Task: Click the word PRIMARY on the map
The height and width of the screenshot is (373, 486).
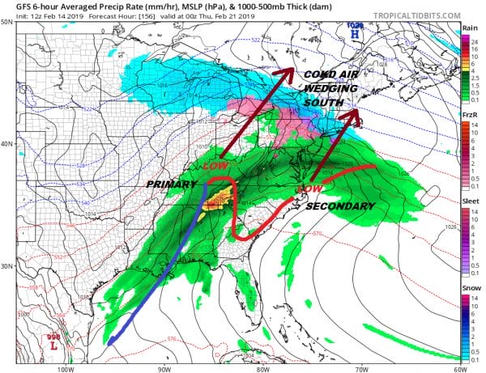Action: click(173, 185)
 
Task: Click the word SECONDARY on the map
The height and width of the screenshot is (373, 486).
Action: click(340, 206)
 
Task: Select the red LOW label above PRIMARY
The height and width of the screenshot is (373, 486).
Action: click(214, 164)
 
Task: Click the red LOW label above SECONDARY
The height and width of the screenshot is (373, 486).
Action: click(305, 189)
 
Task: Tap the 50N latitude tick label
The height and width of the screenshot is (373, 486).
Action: click(7, 22)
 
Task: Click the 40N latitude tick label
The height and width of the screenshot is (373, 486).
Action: click(7, 144)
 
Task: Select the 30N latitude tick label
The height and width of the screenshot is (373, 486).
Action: click(7, 266)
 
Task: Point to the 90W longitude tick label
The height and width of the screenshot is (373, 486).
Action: click(164, 368)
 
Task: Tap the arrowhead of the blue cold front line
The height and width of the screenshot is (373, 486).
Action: click(111, 341)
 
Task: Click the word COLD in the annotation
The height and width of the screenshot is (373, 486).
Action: click(319, 74)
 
